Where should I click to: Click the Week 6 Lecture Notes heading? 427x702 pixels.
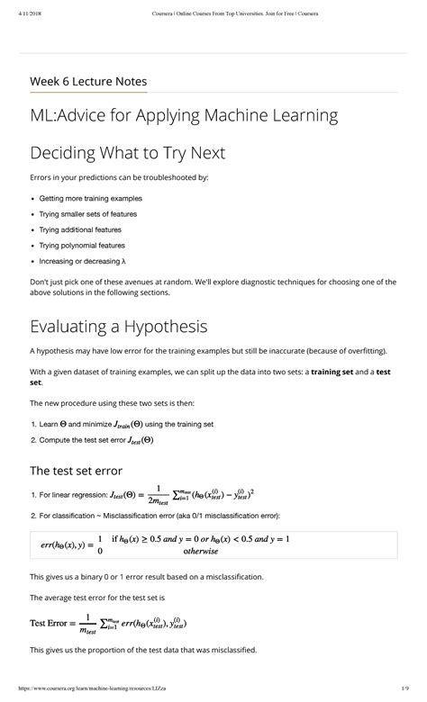click(x=88, y=81)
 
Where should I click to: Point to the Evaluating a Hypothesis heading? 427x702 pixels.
click(x=119, y=325)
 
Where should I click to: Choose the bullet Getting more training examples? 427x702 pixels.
click(x=90, y=198)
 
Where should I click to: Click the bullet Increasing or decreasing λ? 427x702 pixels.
click(x=82, y=261)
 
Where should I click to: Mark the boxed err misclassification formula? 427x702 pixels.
click(x=213, y=544)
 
